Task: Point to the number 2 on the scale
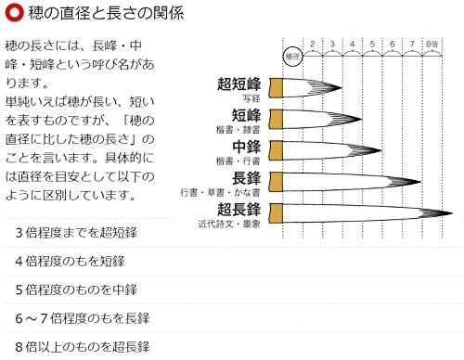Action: pyautogui.click(x=313, y=44)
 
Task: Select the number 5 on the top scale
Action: pyautogui.click(x=371, y=44)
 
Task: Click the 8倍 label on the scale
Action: pyautogui.click(x=432, y=44)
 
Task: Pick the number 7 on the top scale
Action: pyautogui.click(x=411, y=44)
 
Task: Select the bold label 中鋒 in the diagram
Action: pyautogui.click(x=246, y=148)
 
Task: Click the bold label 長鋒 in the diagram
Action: pyautogui.click(x=246, y=179)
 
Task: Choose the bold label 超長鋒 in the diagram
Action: pyautogui.click(x=239, y=211)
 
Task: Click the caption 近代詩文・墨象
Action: pyautogui.click(x=230, y=225)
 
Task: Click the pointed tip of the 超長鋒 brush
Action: pyautogui.click(x=449, y=212)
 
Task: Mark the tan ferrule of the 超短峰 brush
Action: pyautogui.click(x=274, y=88)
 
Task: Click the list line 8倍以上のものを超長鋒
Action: pyautogui.click(x=82, y=347)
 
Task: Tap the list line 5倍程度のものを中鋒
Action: pyautogui.click(x=76, y=289)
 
